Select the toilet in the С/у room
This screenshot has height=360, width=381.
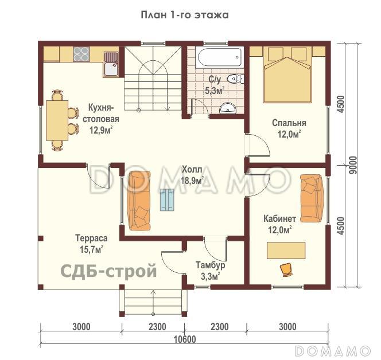click(x=233, y=79)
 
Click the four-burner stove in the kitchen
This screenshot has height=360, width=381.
click(x=81, y=54)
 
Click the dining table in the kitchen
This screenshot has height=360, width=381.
click(x=57, y=120)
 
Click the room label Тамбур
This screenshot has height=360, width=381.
click(x=210, y=265)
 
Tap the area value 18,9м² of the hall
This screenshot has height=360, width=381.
click(x=192, y=180)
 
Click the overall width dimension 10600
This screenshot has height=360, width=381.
click(x=184, y=339)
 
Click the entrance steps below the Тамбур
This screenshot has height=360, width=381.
click(x=153, y=302)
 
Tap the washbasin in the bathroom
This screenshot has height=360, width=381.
click(x=228, y=107)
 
